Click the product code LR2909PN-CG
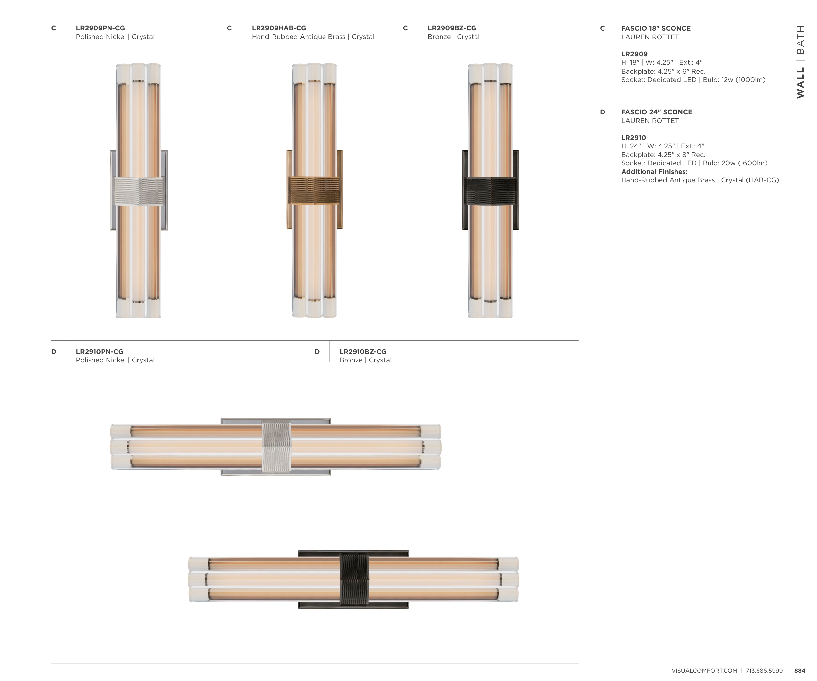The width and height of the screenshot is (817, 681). (100, 28)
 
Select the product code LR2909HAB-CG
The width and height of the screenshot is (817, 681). (279, 28)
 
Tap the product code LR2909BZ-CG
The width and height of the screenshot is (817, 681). (452, 28)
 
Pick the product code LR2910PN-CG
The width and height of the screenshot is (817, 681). (100, 352)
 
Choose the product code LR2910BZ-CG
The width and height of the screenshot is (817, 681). (363, 352)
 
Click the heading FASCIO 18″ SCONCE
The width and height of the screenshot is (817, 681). (656, 28)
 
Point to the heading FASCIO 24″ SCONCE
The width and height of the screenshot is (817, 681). (657, 112)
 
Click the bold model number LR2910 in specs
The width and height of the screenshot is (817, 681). (634, 138)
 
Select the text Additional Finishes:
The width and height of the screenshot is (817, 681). (654, 172)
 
